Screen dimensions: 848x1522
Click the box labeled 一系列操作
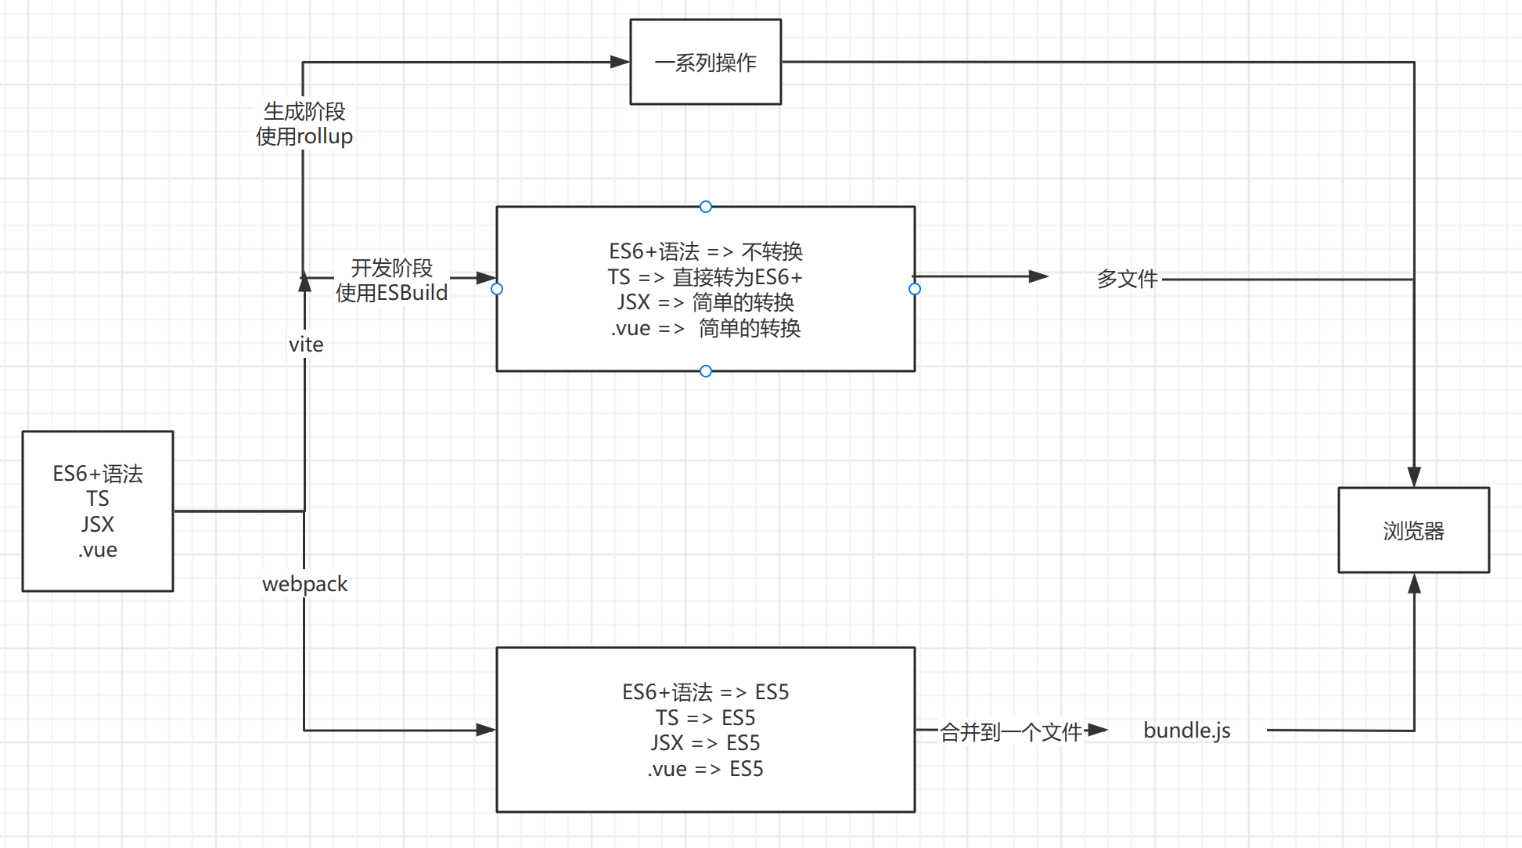coord(705,62)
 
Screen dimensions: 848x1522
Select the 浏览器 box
coord(1413,530)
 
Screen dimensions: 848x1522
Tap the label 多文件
coord(1127,278)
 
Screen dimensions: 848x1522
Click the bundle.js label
coord(1186,731)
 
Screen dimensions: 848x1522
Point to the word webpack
coord(304,584)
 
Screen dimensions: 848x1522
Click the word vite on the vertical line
coord(305,345)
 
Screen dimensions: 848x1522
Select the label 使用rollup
coord(304,136)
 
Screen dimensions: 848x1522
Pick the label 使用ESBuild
coord(391,293)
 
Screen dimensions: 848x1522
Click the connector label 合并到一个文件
coord(1010,732)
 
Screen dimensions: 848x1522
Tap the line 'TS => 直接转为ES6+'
coord(705,277)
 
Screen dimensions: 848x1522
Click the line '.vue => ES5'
coord(705,769)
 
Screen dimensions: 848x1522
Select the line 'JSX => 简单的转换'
coord(705,302)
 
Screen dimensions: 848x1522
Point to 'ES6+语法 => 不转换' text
coord(705,251)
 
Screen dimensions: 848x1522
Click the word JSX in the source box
coord(98,524)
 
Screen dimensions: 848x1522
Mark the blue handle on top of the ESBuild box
coord(706,207)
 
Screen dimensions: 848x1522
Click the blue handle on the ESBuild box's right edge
coord(915,289)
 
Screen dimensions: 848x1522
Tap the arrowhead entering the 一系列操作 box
coord(620,62)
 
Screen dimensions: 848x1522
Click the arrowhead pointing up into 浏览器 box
coord(1414,583)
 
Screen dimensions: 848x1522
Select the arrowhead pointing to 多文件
coord(1038,276)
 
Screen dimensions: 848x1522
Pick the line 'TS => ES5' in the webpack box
coord(705,718)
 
